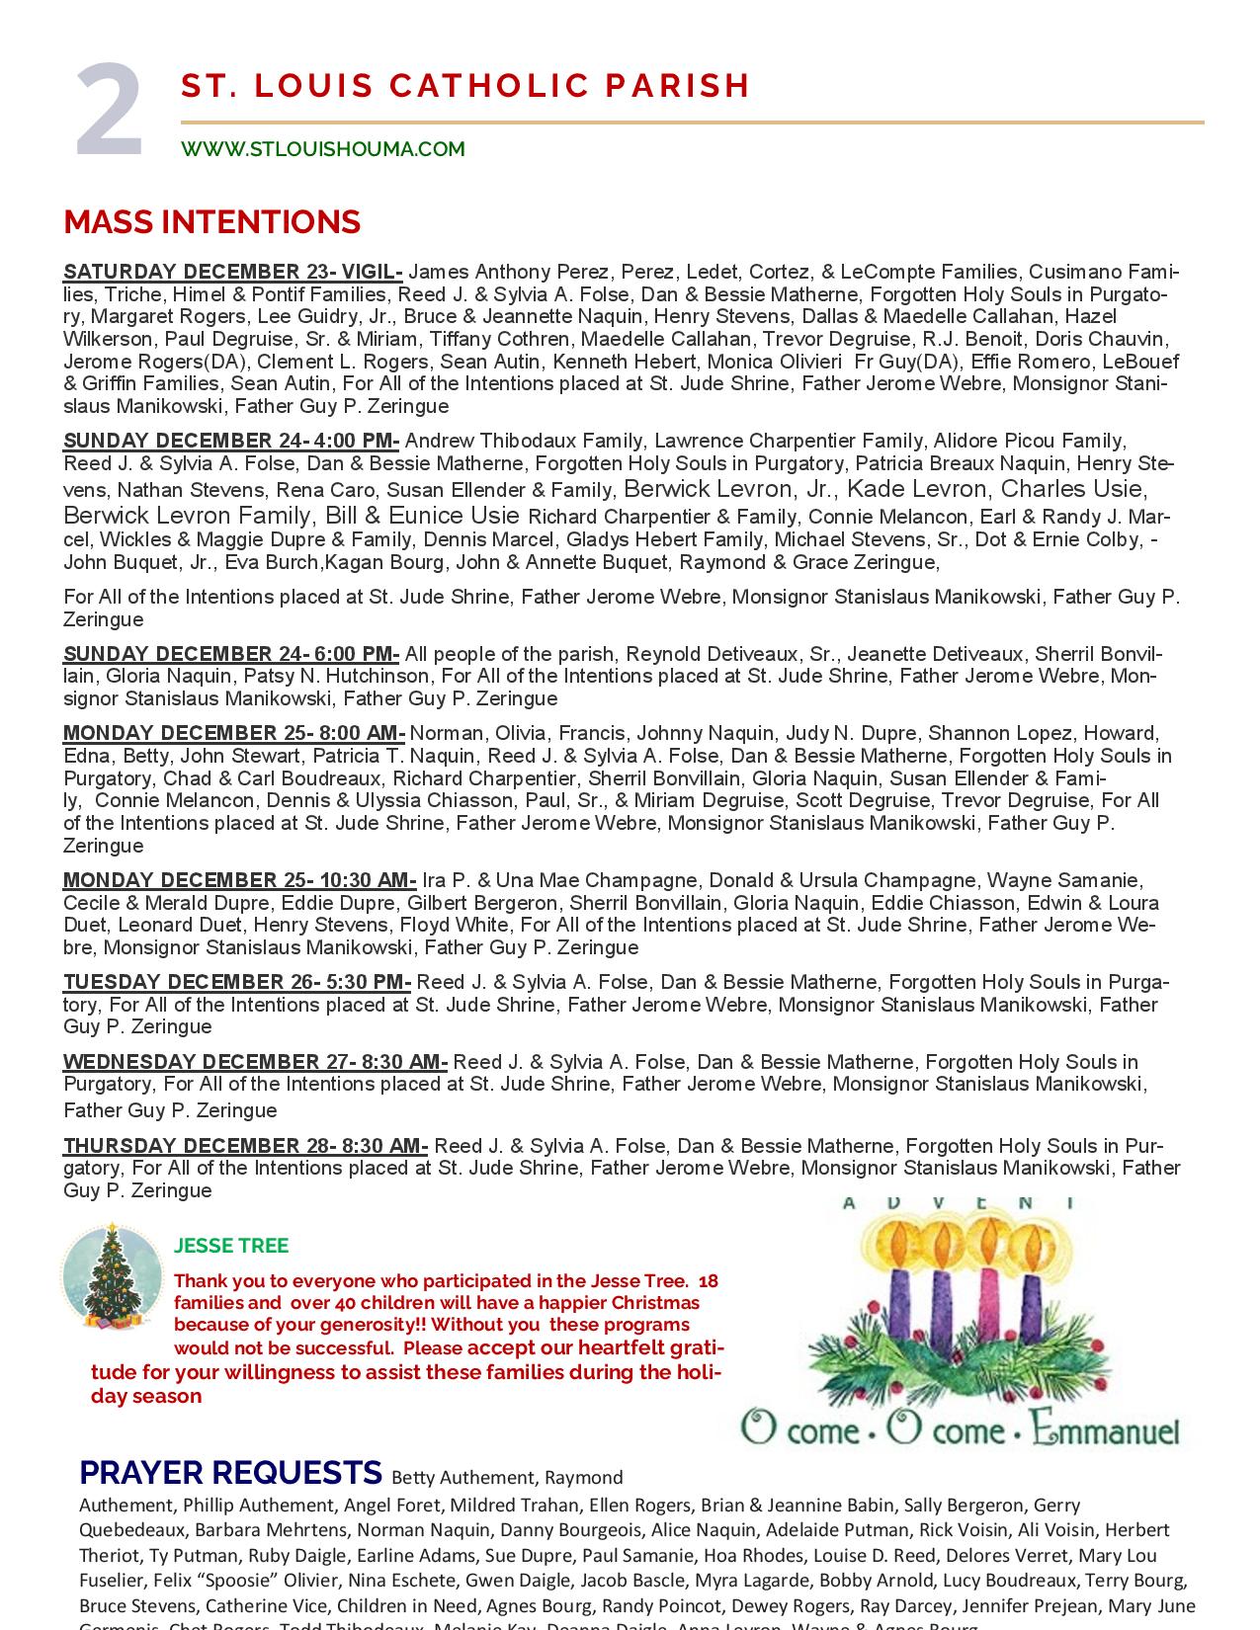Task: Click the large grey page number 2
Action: coord(110,111)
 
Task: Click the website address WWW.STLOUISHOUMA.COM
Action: coord(322,149)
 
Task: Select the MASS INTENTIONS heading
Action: coord(211,221)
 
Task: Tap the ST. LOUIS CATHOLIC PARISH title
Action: coord(465,86)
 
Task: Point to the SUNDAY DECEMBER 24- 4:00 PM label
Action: coord(231,441)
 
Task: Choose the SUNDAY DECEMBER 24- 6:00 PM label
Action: coord(231,654)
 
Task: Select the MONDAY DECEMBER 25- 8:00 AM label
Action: coord(234,733)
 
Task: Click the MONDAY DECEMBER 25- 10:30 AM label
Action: coord(240,880)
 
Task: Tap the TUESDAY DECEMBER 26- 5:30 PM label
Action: coord(237,982)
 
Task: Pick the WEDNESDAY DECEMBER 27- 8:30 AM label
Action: coord(255,1062)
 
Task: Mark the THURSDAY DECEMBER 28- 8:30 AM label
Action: coord(245,1146)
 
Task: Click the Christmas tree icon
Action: coord(112,1276)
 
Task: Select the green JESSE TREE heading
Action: coord(231,1246)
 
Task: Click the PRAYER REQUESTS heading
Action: coord(230,1473)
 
